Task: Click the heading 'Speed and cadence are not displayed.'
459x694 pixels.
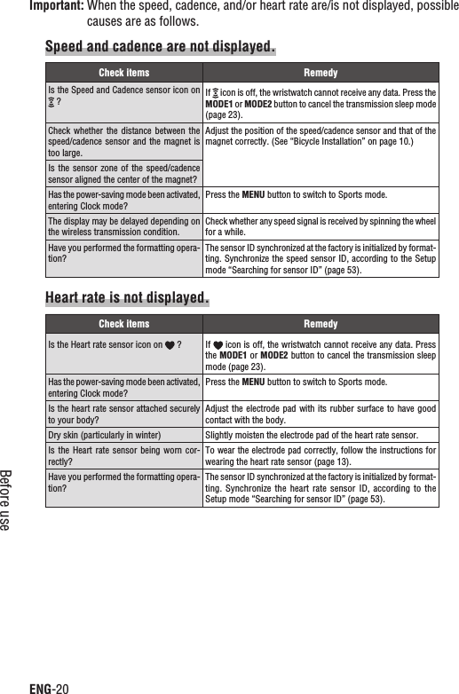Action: pos(160,45)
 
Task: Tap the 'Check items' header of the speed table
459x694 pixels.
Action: pos(123,73)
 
